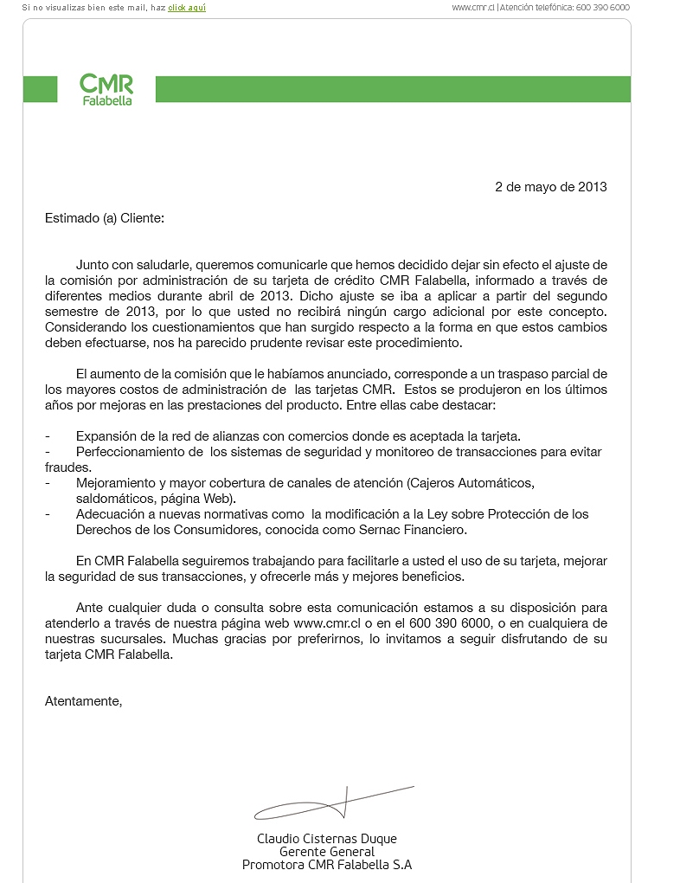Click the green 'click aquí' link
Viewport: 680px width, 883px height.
187,7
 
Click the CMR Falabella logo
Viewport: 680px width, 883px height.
106,89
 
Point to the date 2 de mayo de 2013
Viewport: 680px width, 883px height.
550,186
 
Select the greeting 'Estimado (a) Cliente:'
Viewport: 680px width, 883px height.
105,218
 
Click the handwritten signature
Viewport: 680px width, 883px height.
334,804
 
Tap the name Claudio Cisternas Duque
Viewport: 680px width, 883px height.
327,838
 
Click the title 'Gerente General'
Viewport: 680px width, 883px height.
327,852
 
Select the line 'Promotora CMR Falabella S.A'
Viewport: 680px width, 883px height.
327,865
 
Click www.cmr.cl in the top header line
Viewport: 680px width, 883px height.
473,7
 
